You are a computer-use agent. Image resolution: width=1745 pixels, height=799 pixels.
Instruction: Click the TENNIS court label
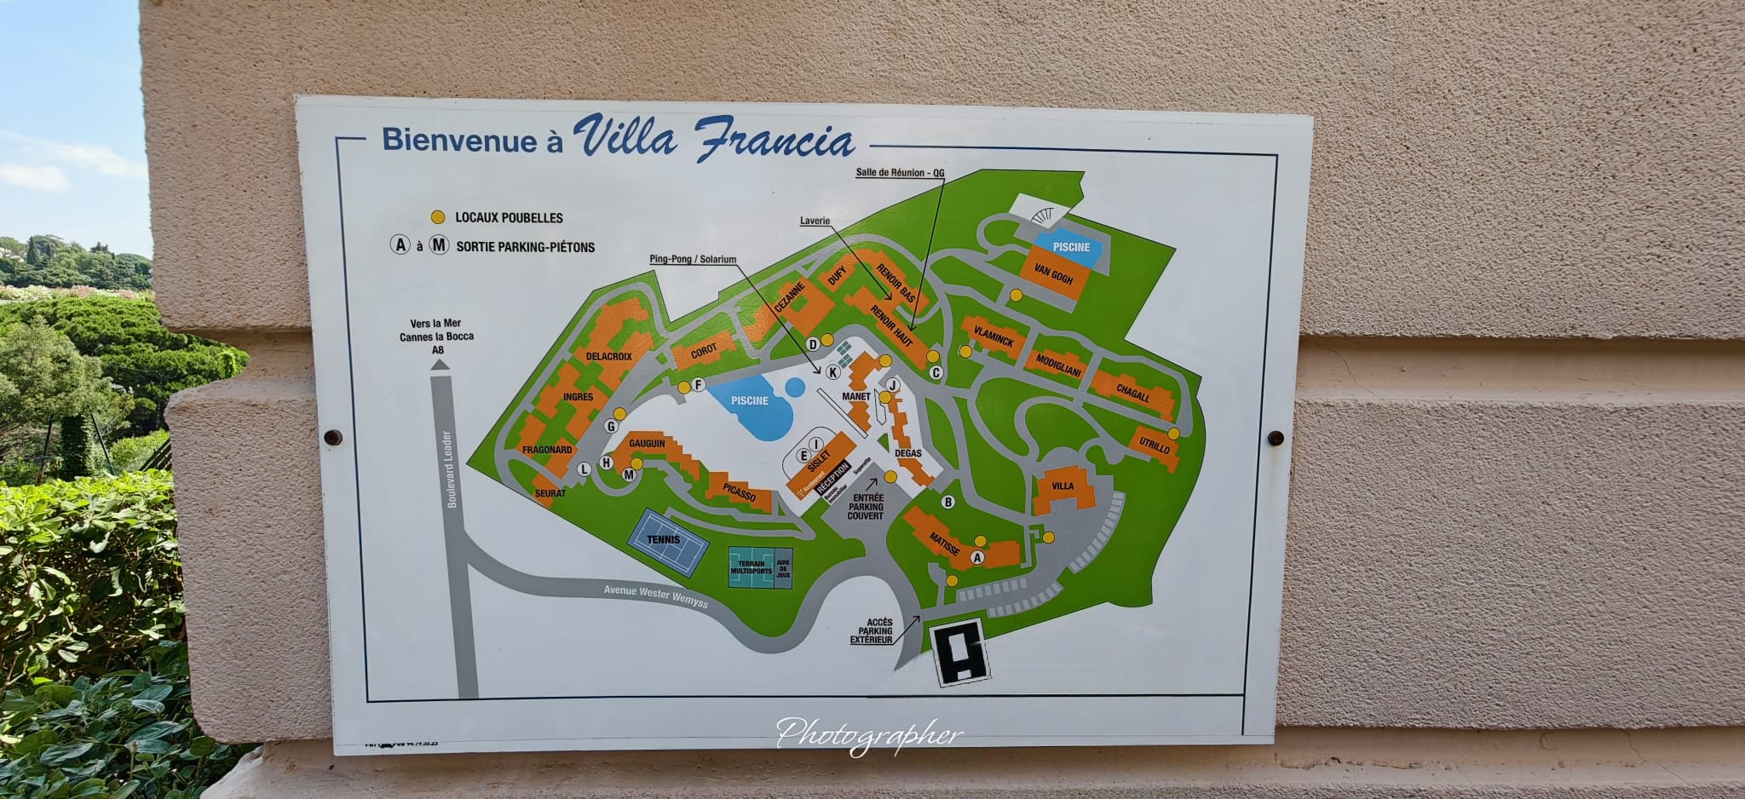coord(664,539)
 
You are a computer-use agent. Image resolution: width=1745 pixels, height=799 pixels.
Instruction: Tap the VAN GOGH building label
coord(1053,275)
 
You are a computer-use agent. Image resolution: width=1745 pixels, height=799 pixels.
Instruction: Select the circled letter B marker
coord(948,503)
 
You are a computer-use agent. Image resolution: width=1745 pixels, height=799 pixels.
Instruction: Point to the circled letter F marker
coord(699,385)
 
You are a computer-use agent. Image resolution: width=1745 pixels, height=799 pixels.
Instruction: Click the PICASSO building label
coord(739,492)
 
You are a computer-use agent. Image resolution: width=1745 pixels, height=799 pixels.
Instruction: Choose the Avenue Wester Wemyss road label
coord(655,596)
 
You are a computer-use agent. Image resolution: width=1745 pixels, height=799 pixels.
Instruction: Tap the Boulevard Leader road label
coord(451,469)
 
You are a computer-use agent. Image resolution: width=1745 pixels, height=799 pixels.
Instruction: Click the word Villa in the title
coord(625,137)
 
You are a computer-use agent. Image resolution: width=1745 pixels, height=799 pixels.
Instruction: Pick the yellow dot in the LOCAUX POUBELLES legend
coord(438,217)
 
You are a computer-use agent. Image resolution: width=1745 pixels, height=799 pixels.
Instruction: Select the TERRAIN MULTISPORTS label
coord(751,567)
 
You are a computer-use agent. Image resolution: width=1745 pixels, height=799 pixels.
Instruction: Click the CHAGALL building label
coord(1133,392)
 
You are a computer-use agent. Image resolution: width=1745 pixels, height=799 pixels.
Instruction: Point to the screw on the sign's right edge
coord(1276,439)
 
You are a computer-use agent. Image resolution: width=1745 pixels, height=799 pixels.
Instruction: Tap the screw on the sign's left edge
coord(333,438)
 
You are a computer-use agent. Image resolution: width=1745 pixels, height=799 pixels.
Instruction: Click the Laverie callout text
coord(815,221)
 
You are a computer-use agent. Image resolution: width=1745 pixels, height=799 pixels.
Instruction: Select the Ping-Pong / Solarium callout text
coord(693,259)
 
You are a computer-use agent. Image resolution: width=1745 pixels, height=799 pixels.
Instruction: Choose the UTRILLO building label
coord(1154,444)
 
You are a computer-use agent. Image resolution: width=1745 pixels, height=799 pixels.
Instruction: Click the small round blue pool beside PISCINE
coord(794,388)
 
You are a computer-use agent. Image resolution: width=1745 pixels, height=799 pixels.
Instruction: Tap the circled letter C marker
coord(936,372)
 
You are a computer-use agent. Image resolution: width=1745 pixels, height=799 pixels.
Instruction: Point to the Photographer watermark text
coord(869,735)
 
